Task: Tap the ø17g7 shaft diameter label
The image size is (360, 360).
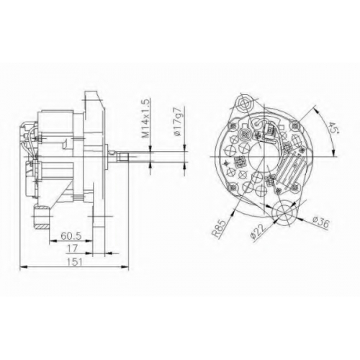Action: click(x=180, y=122)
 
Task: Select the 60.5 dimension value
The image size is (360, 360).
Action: click(x=71, y=236)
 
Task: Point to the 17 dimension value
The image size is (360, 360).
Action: click(x=73, y=248)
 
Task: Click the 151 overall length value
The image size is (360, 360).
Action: click(x=74, y=262)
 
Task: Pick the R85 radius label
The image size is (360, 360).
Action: click(x=219, y=228)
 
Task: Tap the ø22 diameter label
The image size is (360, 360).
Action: click(x=258, y=231)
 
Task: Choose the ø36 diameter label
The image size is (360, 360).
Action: click(x=321, y=222)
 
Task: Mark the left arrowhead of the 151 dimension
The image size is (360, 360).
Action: click(x=23, y=266)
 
